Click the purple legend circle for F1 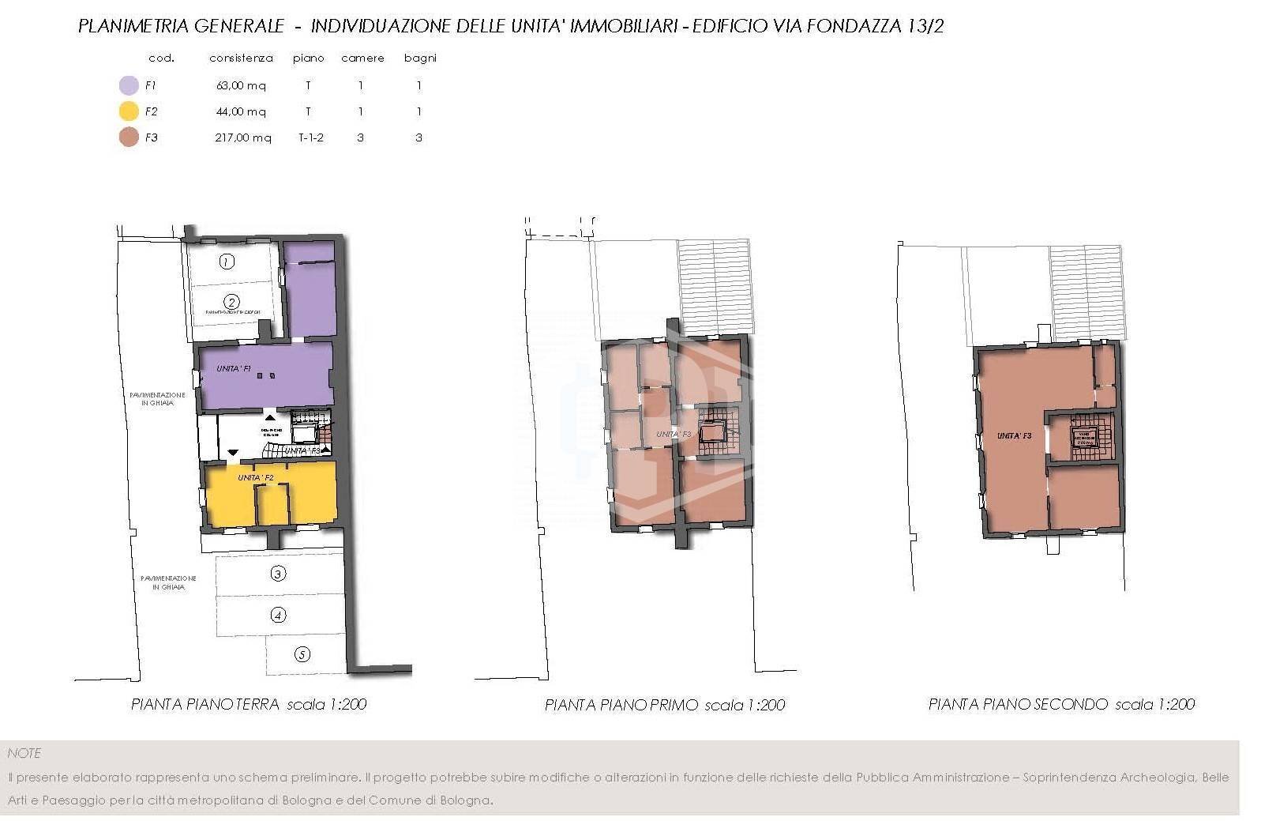pyautogui.click(x=129, y=85)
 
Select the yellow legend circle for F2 pyautogui.click(x=129, y=111)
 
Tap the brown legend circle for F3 pyautogui.click(x=129, y=137)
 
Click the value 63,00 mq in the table pyautogui.click(x=241, y=85)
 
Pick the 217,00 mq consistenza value pyautogui.click(x=242, y=137)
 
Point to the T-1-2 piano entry pyautogui.click(x=310, y=137)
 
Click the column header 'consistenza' pyautogui.click(x=241, y=58)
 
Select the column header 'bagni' pyautogui.click(x=419, y=58)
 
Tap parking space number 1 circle pyautogui.click(x=227, y=262)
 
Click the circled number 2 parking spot pyautogui.click(x=231, y=302)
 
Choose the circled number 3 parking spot pyautogui.click(x=278, y=574)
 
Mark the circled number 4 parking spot pyautogui.click(x=278, y=615)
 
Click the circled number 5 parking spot pyautogui.click(x=302, y=654)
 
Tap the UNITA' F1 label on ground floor pyautogui.click(x=235, y=369)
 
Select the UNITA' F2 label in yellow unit pyautogui.click(x=256, y=478)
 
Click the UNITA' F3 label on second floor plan pyautogui.click(x=1014, y=435)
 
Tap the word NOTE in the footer pyautogui.click(x=24, y=753)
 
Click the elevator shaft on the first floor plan pyautogui.click(x=713, y=431)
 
